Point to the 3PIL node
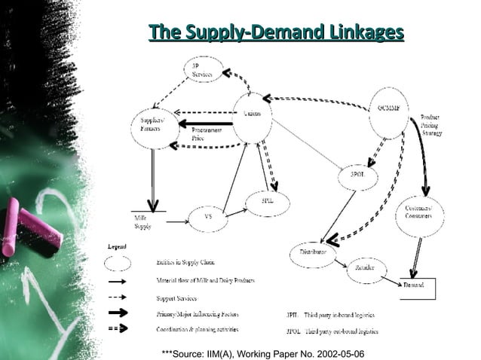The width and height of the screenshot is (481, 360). (267, 203)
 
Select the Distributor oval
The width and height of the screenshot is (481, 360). (313, 253)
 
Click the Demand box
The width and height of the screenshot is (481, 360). (417, 287)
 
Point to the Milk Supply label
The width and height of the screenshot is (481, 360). (143, 221)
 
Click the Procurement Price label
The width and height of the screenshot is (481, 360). (198, 135)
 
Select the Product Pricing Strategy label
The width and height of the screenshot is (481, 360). (431, 125)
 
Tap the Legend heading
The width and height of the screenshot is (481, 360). (116, 246)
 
